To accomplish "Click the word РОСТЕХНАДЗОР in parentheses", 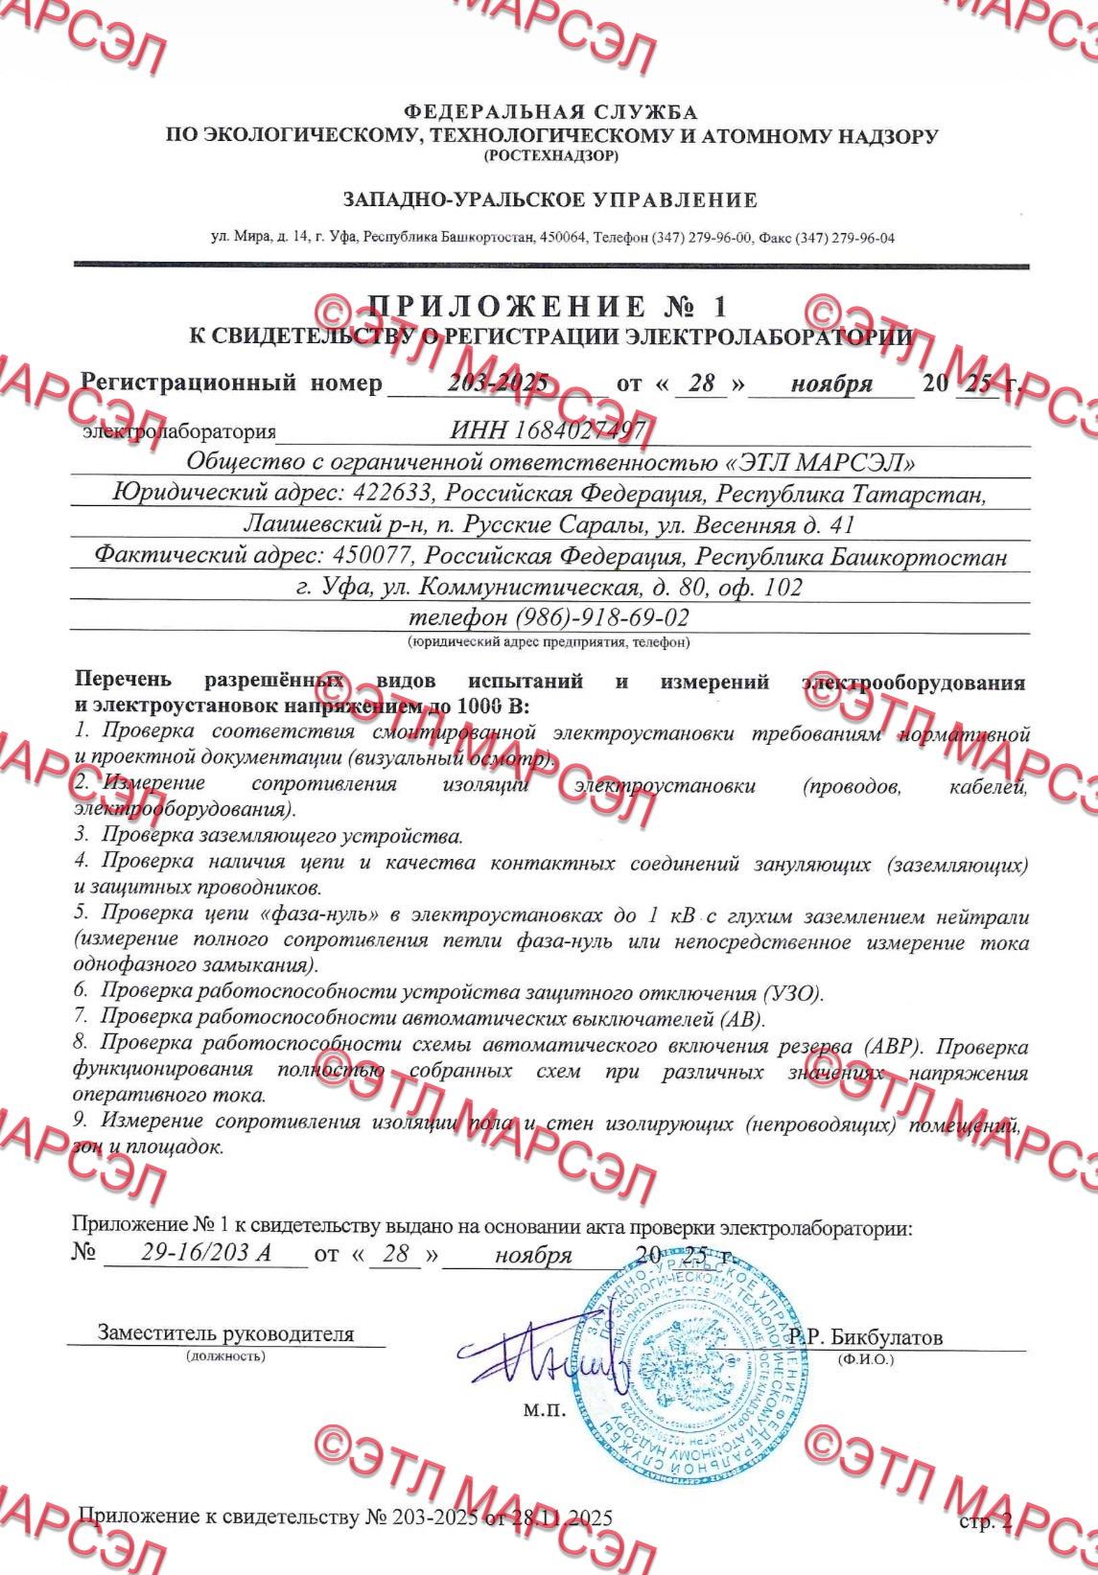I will (550, 155).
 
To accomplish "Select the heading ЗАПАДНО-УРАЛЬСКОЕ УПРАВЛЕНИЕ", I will (549, 200).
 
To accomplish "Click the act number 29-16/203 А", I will (204, 1256).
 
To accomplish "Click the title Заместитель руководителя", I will (225, 1333).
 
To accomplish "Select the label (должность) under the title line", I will (226, 1355).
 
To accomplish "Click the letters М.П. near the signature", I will (545, 1412).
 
